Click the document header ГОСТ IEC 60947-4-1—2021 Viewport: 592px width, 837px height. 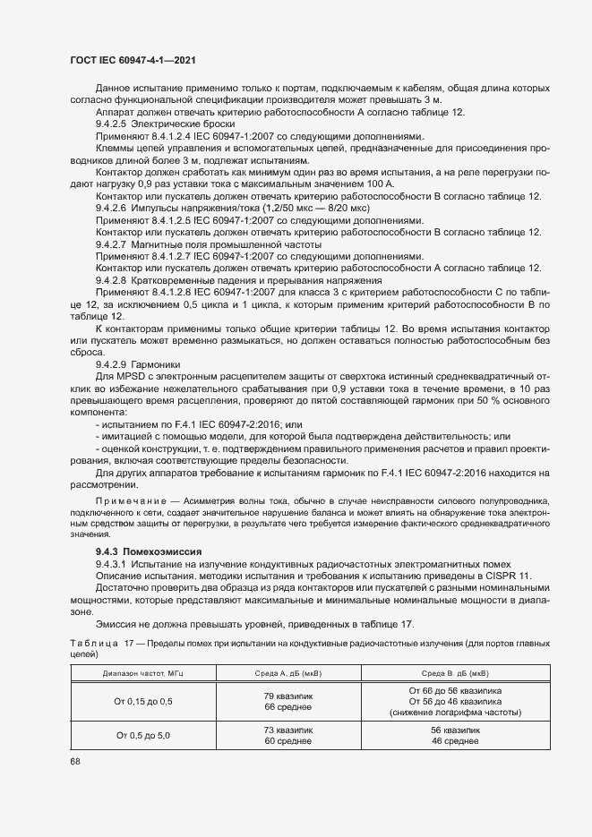pyautogui.click(x=133, y=61)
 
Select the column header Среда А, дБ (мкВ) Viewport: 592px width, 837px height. pyautogui.click(x=287, y=672)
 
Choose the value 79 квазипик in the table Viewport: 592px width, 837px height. pyautogui.click(x=287, y=696)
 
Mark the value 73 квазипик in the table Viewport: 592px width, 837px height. pyautogui.click(x=287, y=730)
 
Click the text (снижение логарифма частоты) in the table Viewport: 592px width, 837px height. pyautogui.click(x=455, y=713)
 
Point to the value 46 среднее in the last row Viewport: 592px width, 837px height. pyautogui.click(x=455, y=741)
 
